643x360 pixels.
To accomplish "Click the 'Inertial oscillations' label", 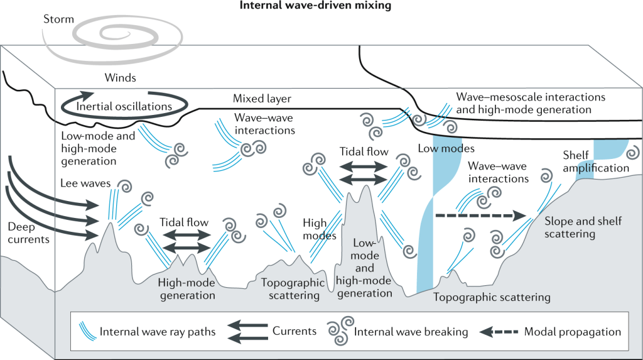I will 124,106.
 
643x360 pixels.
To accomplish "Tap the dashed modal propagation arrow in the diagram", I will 480,215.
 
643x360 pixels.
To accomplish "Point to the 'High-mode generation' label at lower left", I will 187,289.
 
